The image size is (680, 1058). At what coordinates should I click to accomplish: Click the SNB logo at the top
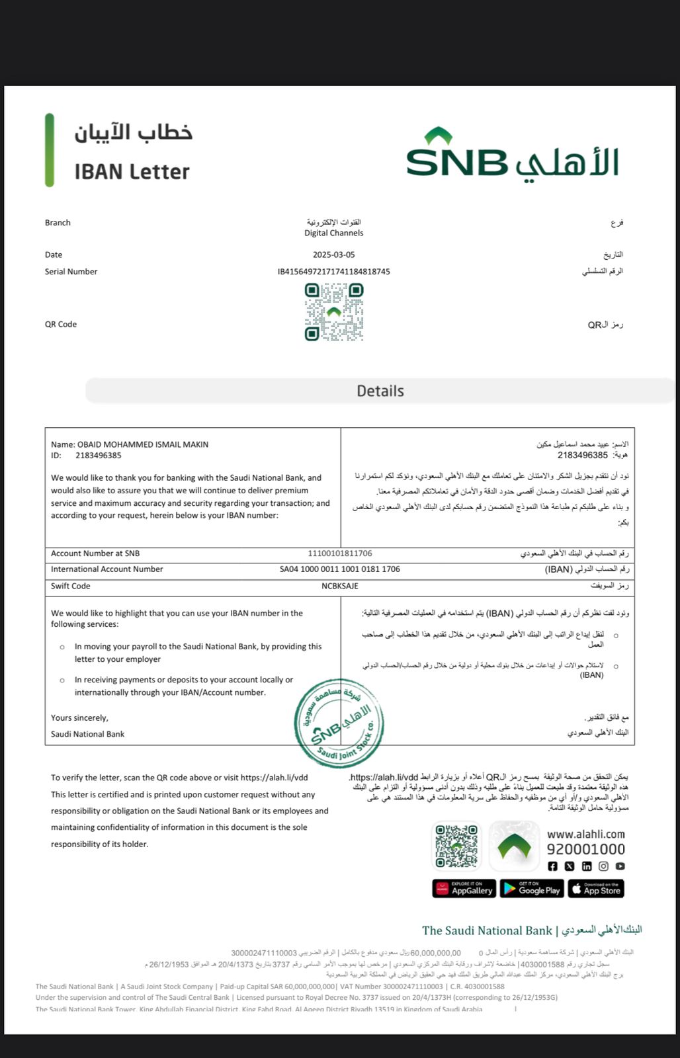point(513,156)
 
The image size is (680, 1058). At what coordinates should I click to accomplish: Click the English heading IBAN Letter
point(132,172)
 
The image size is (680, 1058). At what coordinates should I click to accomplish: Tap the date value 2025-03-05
point(333,255)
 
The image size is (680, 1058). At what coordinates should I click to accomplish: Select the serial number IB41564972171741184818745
point(333,272)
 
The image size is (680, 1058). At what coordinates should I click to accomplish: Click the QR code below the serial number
point(334,311)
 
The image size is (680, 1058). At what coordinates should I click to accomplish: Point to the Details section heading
point(380,391)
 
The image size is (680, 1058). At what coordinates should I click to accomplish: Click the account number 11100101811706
point(340,553)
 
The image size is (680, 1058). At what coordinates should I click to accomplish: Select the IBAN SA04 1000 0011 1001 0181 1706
point(340,569)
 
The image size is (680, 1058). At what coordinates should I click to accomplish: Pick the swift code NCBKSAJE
point(340,586)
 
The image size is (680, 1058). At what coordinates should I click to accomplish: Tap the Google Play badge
point(532,889)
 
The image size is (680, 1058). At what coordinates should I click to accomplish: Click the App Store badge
point(596,889)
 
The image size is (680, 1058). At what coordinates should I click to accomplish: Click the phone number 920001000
point(585,849)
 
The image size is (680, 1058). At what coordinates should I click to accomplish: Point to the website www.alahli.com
point(585,834)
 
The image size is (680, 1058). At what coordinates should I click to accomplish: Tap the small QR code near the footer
point(456,845)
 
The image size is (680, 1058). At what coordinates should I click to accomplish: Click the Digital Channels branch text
point(333,233)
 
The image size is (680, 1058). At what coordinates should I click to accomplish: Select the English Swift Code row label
point(71,586)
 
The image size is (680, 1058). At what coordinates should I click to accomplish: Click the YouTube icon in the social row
point(620,866)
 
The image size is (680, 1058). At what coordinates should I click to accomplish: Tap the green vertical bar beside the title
point(50,150)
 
